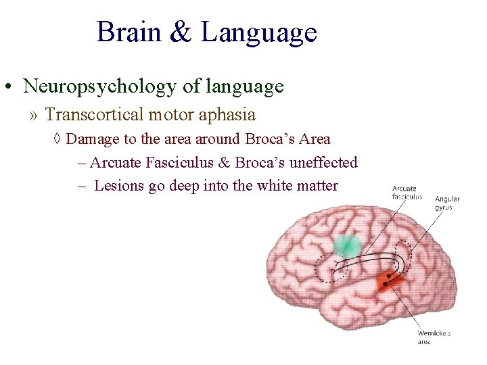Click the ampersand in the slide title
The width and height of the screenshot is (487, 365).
pos(181,32)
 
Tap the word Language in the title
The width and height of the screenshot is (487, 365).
pos(258,32)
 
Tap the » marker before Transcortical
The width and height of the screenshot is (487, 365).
pos(34,116)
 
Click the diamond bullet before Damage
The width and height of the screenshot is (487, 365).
pos(58,140)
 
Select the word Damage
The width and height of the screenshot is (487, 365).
pos(91,139)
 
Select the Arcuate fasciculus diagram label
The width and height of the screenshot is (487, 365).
pos(407,193)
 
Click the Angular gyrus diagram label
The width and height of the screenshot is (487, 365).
pos(447,203)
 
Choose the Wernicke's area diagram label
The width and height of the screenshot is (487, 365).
pos(434,337)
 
